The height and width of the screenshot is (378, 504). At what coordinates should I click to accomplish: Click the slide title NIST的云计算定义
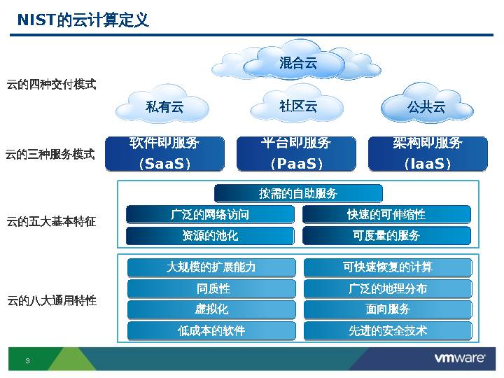click(x=83, y=20)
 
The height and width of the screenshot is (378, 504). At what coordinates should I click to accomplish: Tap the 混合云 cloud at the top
click(x=298, y=63)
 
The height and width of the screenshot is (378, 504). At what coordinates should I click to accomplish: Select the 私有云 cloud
click(x=164, y=107)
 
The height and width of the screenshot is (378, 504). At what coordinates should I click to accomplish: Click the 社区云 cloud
click(x=298, y=106)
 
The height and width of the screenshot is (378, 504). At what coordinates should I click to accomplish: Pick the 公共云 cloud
click(x=426, y=107)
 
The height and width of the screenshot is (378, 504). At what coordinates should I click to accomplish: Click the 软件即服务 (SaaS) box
click(x=164, y=154)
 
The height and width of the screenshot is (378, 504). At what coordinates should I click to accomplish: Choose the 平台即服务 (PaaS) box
click(x=296, y=154)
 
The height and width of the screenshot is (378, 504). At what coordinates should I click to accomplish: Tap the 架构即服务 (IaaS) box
click(x=428, y=154)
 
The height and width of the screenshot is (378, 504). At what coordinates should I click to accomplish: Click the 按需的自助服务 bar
click(x=298, y=193)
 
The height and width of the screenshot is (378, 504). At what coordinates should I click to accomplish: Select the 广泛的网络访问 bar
click(x=210, y=214)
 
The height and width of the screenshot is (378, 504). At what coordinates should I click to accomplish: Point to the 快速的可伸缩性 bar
click(x=386, y=214)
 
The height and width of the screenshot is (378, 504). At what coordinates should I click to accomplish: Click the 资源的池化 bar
click(x=210, y=236)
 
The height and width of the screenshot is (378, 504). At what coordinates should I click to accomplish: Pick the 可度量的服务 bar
click(x=386, y=236)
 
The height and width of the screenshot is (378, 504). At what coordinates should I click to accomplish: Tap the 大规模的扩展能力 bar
click(x=211, y=267)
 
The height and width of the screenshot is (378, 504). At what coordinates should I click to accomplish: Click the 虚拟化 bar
click(x=211, y=309)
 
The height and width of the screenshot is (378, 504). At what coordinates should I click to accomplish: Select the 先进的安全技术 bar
click(x=388, y=330)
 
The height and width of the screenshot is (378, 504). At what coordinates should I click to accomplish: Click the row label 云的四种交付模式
click(x=51, y=85)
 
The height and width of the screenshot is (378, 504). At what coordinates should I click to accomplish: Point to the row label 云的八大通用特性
click(x=51, y=301)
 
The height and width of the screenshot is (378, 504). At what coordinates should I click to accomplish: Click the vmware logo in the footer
click(x=460, y=358)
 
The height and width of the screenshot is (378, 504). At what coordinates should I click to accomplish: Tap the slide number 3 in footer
click(x=27, y=360)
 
